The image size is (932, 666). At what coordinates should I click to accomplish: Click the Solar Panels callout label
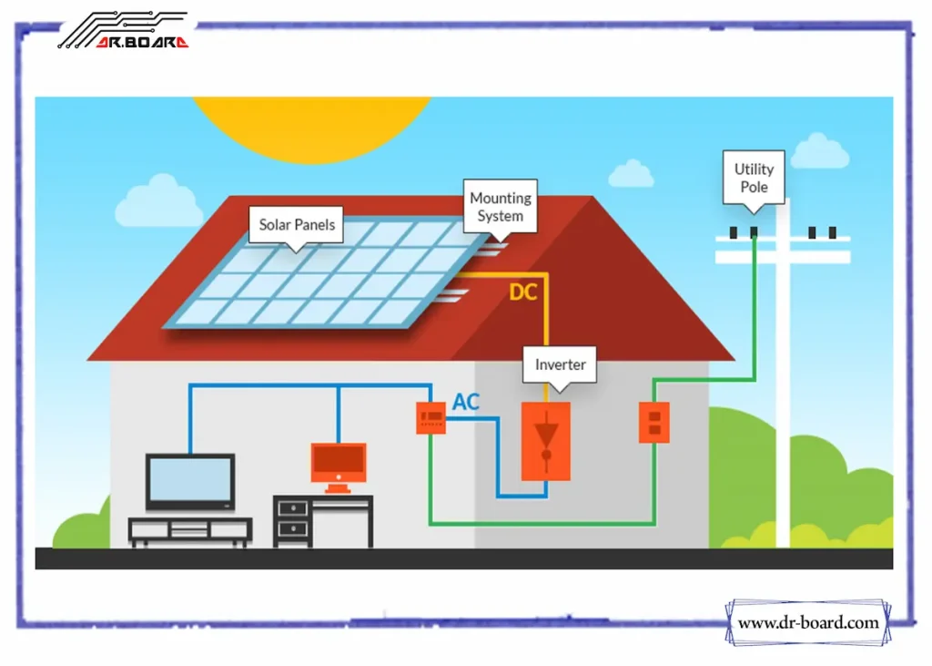pyautogui.click(x=297, y=224)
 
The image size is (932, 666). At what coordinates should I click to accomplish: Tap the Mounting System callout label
pyautogui.click(x=500, y=207)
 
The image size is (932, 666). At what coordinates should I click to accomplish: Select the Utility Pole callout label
pyautogui.click(x=754, y=178)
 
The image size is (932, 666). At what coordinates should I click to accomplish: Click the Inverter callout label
pyautogui.click(x=560, y=364)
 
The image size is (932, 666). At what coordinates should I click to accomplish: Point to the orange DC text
pyautogui.click(x=522, y=293)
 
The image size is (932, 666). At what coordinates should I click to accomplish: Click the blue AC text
pyautogui.click(x=466, y=402)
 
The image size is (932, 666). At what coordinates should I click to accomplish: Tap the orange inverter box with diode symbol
pyautogui.click(x=546, y=441)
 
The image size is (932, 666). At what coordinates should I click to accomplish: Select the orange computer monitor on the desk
pyautogui.click(x=339, y=463)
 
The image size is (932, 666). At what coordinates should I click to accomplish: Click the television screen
pyautogui.click(x=190, y=480)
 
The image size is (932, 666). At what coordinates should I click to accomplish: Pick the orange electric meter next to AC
pyautogui.click(x=431, y=417)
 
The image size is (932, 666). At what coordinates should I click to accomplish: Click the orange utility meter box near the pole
pyautogui.click(x=653, y=422)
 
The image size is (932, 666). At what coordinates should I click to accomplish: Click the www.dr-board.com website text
pyautogui.click(x=808, y=623)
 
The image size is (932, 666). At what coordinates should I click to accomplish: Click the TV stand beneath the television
pyautogui.click(x=190, y=530)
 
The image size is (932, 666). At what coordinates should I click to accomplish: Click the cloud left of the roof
pyautogui.click(x=158, y=202)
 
